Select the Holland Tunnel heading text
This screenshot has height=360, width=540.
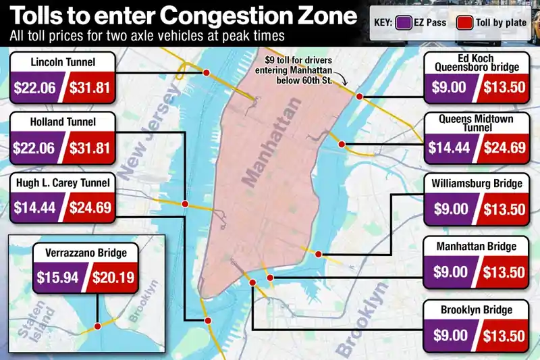tap(63, 122)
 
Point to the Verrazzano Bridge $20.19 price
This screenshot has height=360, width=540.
tap(113, 276)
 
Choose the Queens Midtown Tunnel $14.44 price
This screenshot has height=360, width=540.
tap(450, 147)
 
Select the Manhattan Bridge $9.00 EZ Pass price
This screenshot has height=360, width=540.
tap(450, 272)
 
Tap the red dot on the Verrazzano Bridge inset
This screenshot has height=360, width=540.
tap(98, 326)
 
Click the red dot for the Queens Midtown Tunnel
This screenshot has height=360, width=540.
tap(342, 144)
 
